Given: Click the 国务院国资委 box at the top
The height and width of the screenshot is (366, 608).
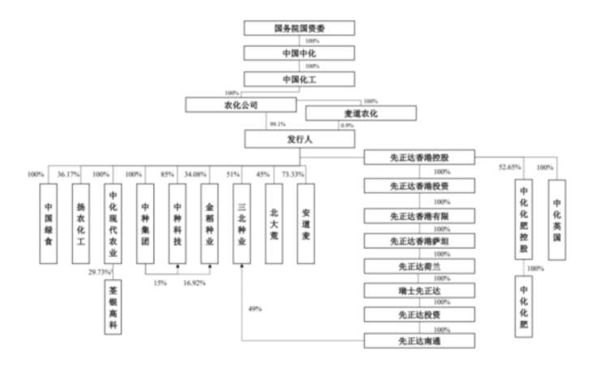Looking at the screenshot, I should [300, 28].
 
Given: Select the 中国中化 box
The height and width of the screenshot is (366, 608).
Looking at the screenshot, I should [300, 54].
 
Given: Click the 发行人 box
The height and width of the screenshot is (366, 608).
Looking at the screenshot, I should [300, 140].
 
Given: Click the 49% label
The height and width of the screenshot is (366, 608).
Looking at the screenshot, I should [255, 308].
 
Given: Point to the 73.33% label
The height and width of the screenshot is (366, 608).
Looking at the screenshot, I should [292, 174].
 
